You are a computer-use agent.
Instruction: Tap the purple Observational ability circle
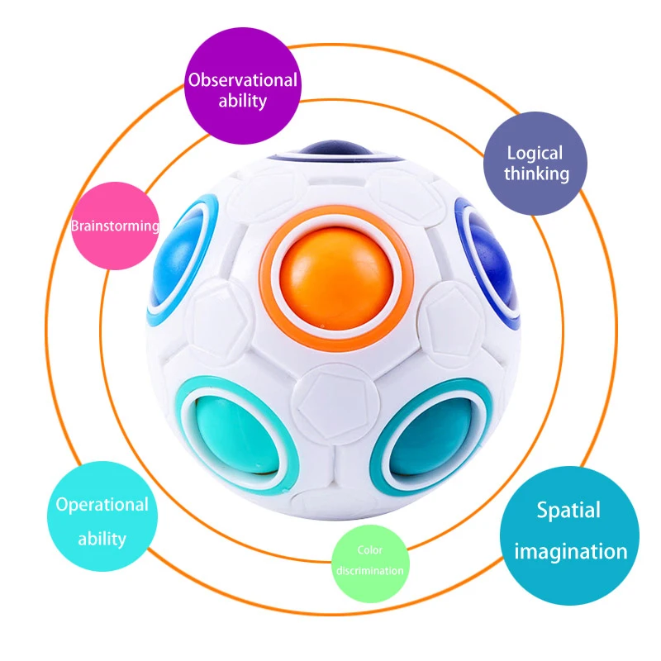(241, 91)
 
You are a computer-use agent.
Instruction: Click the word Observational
(241, 80)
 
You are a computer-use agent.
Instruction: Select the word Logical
(535, 153)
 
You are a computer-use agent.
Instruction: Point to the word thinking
(537, 174)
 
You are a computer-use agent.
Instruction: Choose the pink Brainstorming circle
(114, 225)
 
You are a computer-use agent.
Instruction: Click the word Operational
(102, 504)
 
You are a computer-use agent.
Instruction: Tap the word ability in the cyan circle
(102, 539)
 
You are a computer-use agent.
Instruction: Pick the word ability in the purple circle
(242, 102)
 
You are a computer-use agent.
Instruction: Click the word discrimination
(370, 571)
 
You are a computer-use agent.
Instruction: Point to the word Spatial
(568, 510)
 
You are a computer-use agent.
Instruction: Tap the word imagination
(570, 551)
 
